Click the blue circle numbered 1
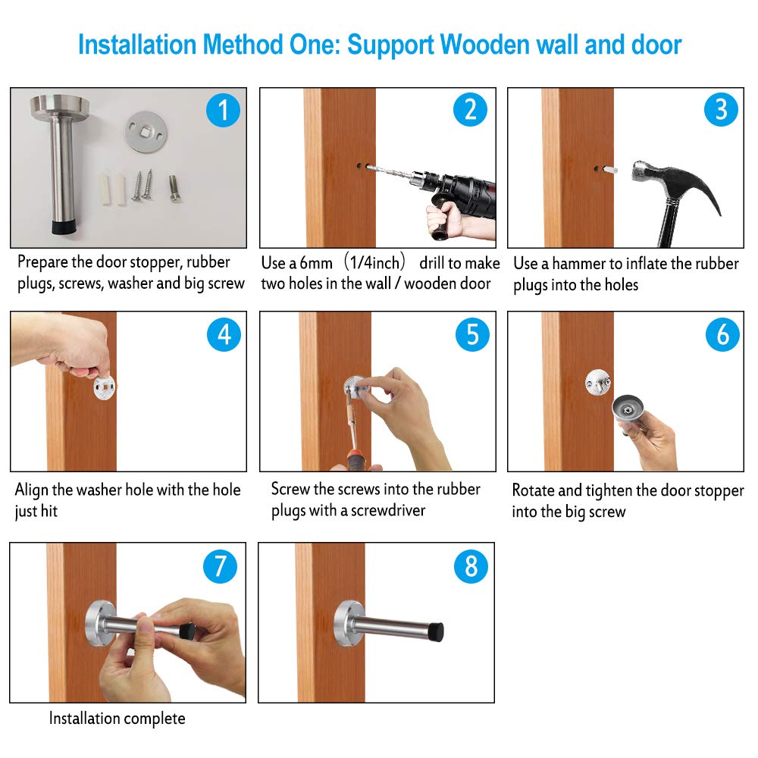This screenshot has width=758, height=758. click(x=223, y=110)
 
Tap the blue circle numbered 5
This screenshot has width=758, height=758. click(x=472, y=334)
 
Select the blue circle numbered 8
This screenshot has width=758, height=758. click(x=471, y=566)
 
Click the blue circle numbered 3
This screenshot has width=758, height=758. click(x=721, y=109)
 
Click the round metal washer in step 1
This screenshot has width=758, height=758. click(x=146, y=131)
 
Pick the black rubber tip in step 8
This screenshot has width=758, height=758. click(x=436, y=631)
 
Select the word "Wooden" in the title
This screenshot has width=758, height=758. click(x=485, y=45)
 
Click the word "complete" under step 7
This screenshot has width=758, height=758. click(x=155, y=719)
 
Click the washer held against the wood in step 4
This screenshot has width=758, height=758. click(x=104, y=387)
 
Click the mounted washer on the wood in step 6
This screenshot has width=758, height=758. click(x=598, y=382)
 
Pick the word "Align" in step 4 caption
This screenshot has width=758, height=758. click(x=31, y=490)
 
